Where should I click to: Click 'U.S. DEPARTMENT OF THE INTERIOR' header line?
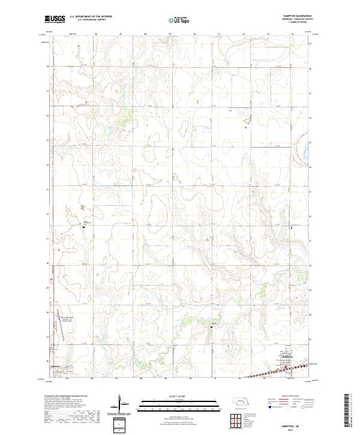click(x=91, y=17)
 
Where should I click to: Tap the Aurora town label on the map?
click(x=57, y=365)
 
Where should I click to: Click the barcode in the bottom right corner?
click(x=350, y=412)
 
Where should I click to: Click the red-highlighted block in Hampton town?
click(x=287, y=368)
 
